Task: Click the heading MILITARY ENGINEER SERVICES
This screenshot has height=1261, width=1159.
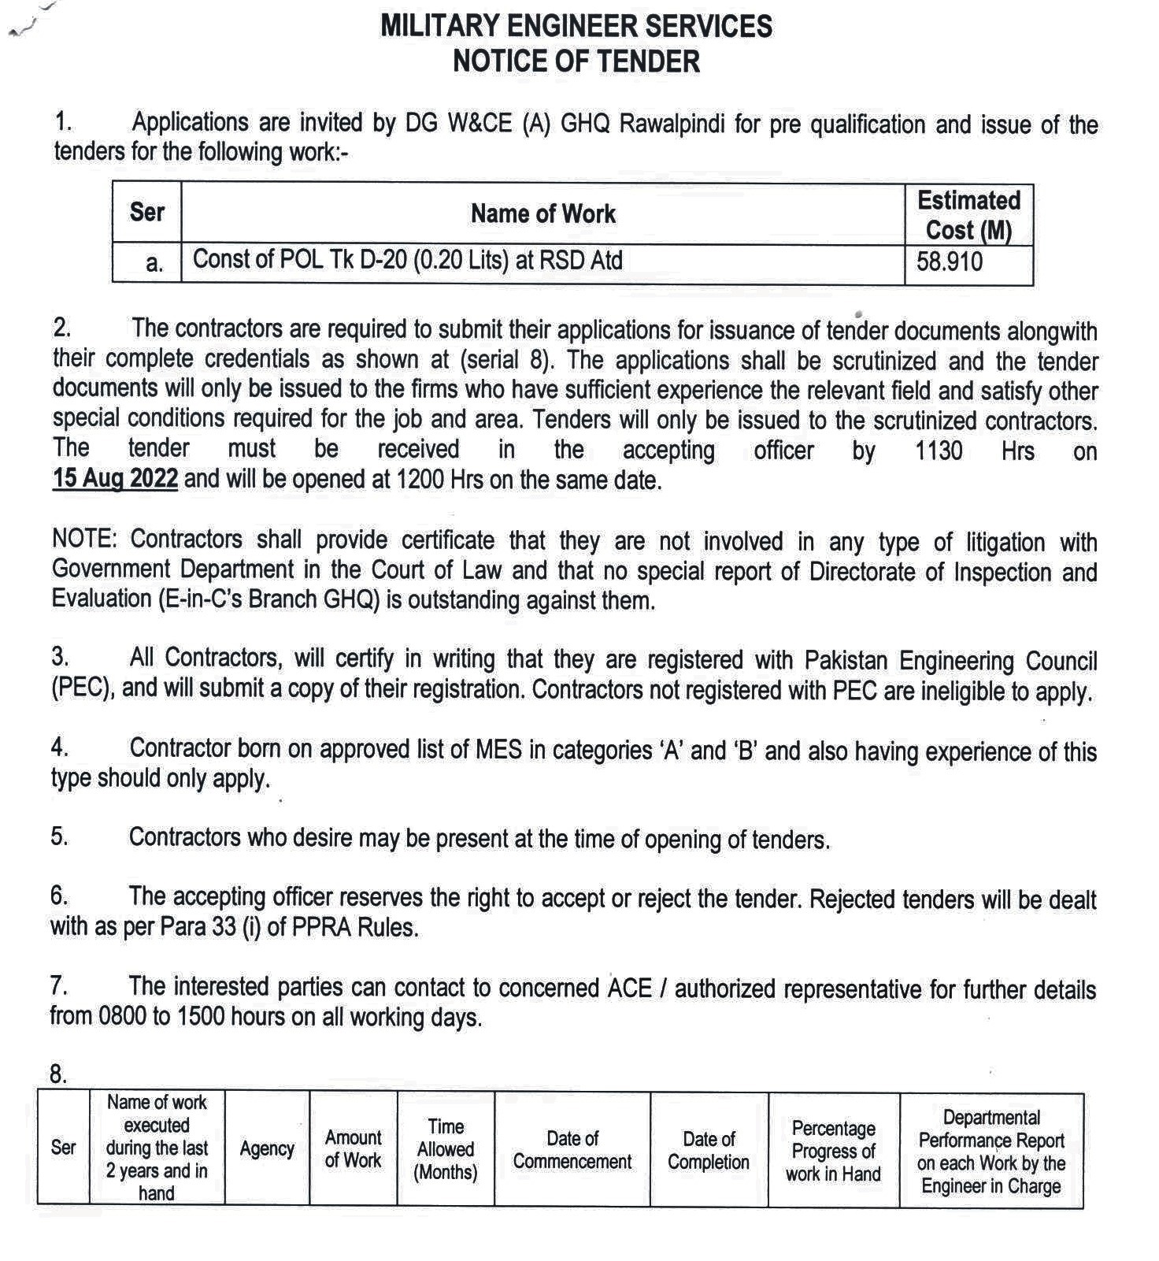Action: [576, 26]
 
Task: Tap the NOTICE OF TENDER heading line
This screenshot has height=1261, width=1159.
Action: [576, 61]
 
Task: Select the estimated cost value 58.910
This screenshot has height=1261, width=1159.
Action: [949, 261]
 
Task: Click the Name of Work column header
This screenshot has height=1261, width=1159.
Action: [542, 213]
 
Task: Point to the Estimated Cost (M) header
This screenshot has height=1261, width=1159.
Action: [968, 214]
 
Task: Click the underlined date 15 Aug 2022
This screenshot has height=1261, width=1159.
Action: [115, 478]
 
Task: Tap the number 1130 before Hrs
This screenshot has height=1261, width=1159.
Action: [939, 451]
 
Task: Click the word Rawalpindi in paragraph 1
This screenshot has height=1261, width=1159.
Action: [672, 124]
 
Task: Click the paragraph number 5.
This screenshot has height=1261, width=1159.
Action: [59, 836]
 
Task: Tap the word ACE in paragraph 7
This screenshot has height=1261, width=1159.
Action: [630, 988]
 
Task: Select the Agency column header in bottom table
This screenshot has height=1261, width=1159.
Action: [267, 1148]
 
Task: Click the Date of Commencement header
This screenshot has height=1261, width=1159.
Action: [572, 1149]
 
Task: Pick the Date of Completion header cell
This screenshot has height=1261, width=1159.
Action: [709, 1150]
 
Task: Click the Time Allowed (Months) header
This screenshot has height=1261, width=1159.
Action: [446, 1149]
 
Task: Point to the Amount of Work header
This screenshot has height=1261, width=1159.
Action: [353, 1148]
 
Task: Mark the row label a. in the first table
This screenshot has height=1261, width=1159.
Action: [154, 263]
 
